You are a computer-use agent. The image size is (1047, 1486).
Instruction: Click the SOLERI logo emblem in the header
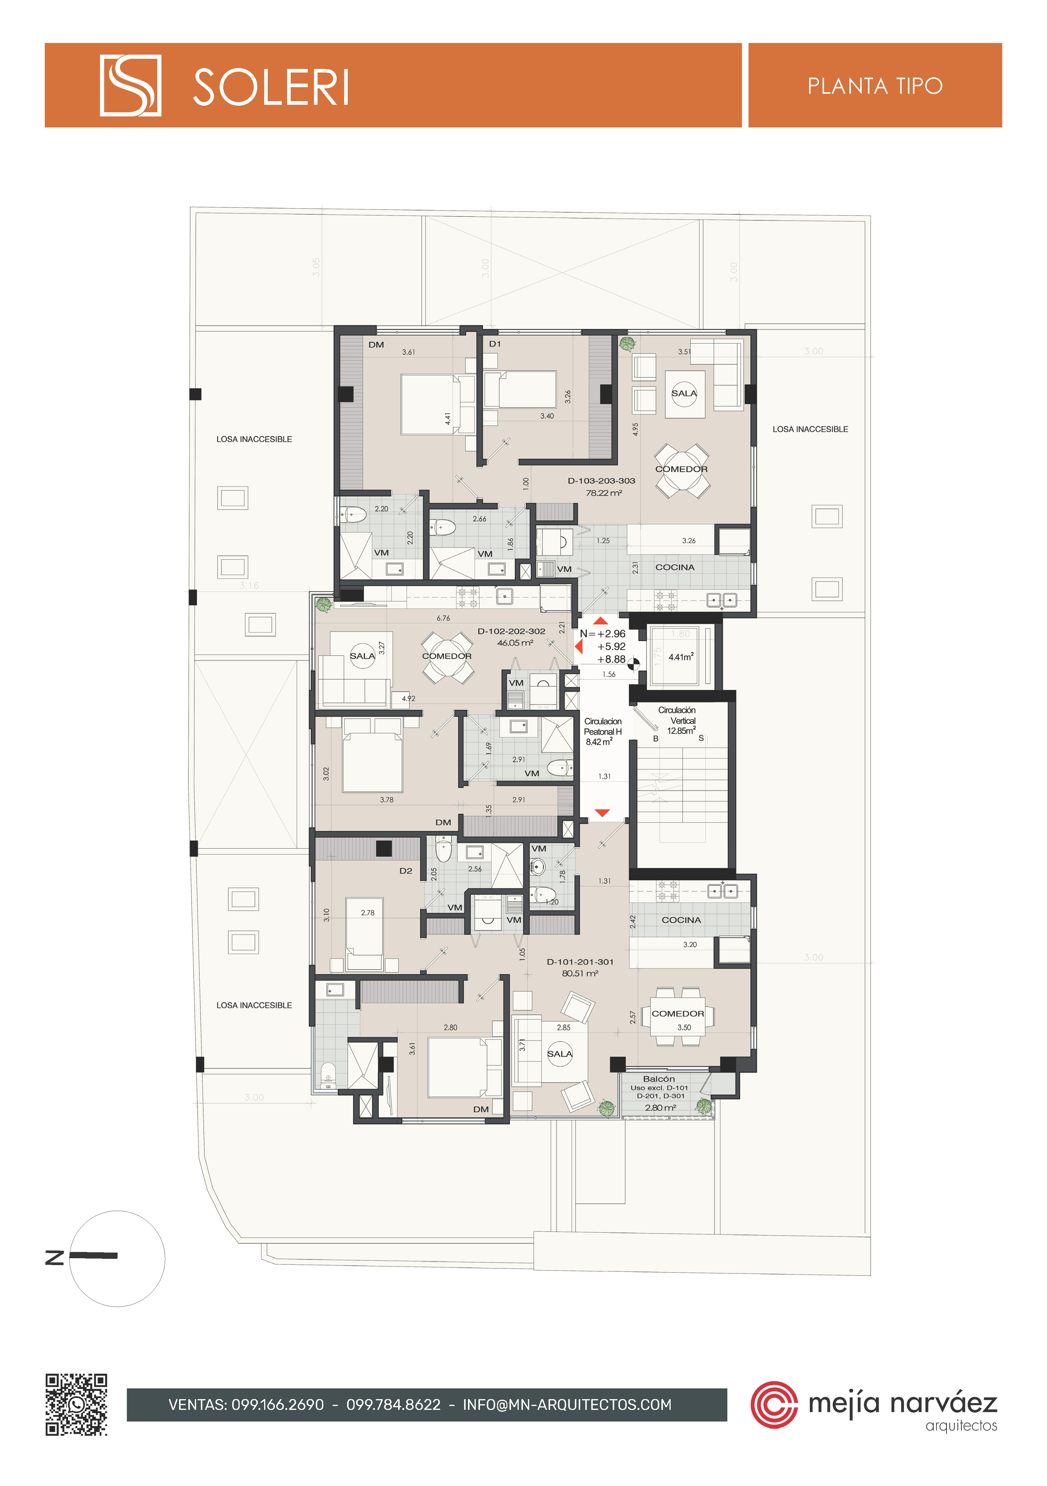click(x=130, y=85)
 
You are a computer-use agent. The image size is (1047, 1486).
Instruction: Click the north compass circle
click(x=117, y=1258)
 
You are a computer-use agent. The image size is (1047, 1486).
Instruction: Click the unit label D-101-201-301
click(x=580, y=962)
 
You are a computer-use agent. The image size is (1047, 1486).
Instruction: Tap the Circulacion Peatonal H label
click(x=603, y=726)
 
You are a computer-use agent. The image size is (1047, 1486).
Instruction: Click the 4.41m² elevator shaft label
click(x=681, y=657)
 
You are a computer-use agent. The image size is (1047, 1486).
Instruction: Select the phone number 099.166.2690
click(x=278, y=1405)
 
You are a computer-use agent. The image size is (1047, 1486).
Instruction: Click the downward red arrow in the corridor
click(x=603, y=813)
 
